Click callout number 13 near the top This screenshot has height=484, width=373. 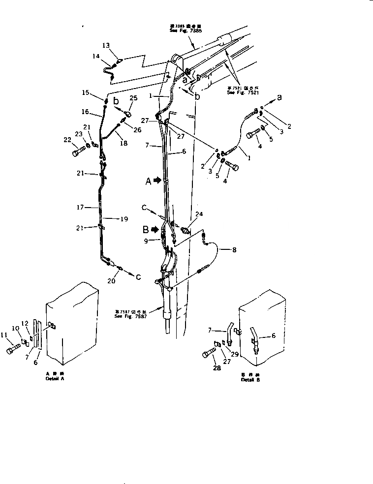[x=106, y=45]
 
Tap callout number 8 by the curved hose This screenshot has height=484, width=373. [x=234, y=249]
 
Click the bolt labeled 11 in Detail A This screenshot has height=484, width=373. [x=12, y=351]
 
